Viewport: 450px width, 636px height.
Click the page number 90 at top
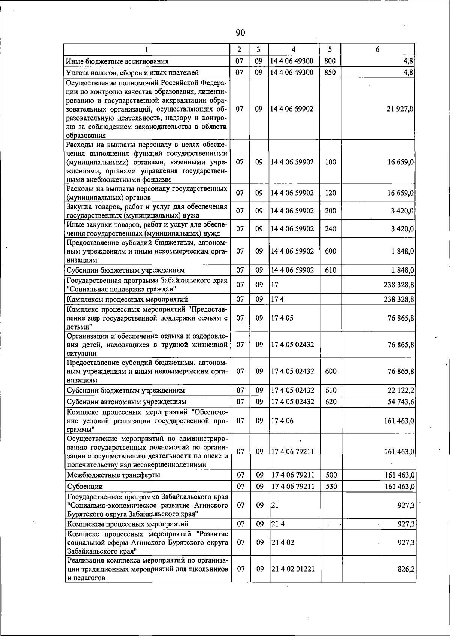(240, 33)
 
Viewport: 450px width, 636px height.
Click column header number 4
(294, 49)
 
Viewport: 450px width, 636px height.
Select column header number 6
(378, 49)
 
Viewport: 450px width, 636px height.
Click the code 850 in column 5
(330, 72)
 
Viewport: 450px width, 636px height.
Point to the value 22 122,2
(400, 390)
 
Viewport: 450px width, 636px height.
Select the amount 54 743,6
(400, 402)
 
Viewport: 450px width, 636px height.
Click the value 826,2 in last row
(406, 569)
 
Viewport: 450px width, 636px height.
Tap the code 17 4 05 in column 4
(282, 318)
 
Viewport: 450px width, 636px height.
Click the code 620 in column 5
(331, 402)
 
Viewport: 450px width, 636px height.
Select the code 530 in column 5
(331, 486)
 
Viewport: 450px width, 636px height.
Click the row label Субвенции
(85, 486)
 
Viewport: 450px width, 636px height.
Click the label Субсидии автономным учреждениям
(126, 402)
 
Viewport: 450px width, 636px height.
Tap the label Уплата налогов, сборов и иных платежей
(132, 72)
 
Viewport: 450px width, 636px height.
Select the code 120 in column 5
(330, 193)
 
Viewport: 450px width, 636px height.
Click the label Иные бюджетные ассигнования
(117, 61)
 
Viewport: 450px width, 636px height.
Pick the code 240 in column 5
(330, 228)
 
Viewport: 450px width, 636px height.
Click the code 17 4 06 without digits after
(282, 421)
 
